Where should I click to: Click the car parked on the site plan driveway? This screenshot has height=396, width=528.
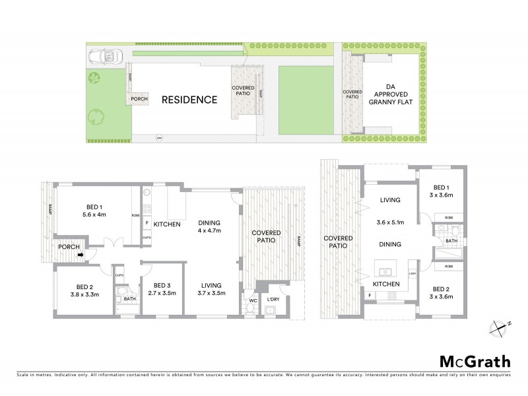click(x=104, y=57)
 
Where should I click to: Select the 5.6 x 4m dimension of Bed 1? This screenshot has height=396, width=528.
click(x=94, y=214)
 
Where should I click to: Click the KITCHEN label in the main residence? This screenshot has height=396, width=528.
click(x=168, y=225)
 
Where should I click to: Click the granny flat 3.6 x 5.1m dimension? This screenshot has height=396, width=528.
click(x=390, y=222)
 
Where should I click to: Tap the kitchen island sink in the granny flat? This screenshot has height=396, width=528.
click(x=385, y=271)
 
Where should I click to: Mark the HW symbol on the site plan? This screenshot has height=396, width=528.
click(x=159, y=138)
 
